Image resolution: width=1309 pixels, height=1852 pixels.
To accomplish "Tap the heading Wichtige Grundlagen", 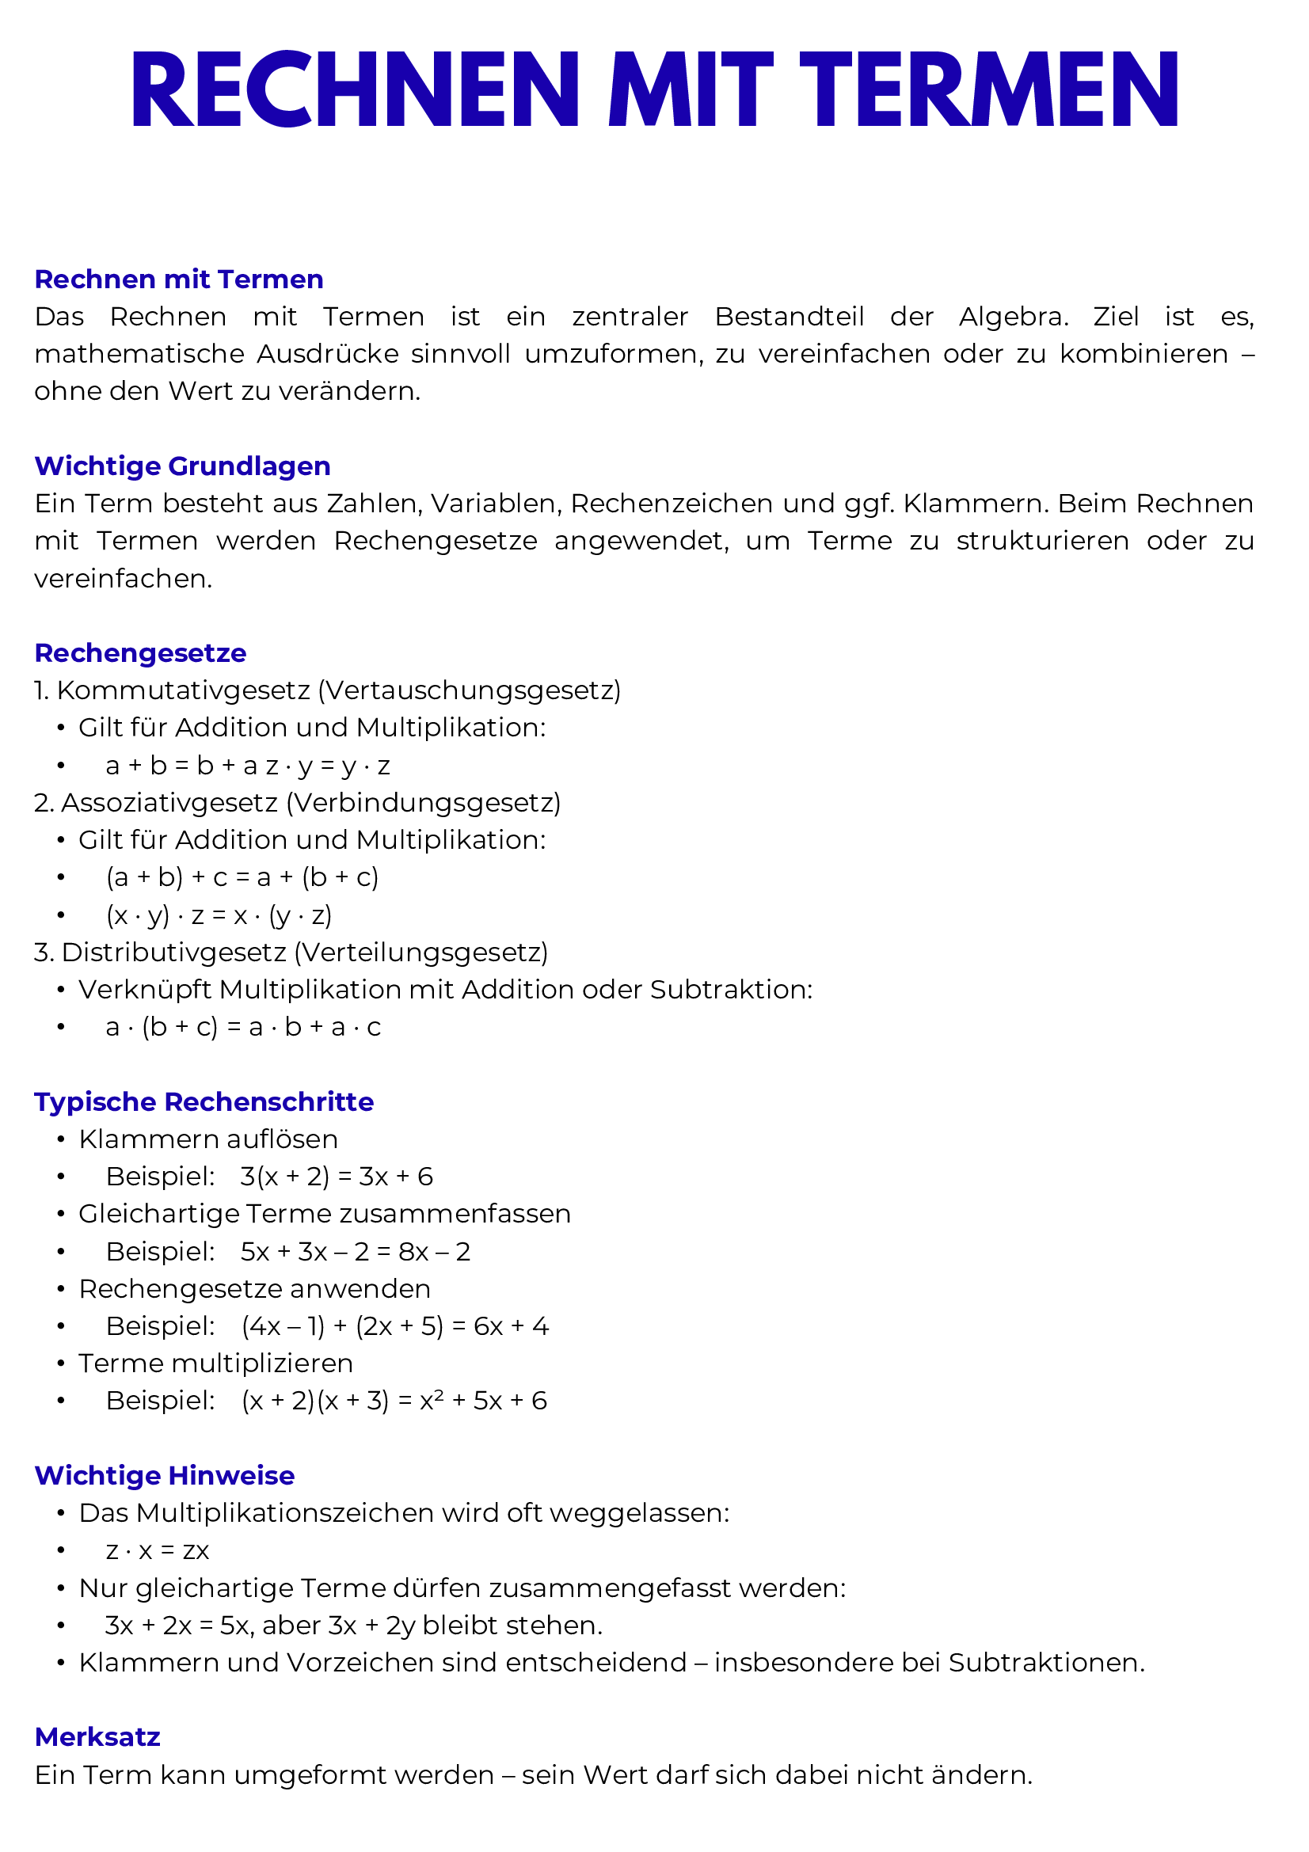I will [x=182, y=466].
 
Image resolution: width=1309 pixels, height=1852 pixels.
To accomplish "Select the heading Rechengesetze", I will [x=140, y=652].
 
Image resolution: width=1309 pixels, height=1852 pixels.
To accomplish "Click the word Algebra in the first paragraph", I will [x=1013, y=316].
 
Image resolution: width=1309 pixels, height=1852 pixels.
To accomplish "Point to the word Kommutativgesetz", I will [x=183, y=690].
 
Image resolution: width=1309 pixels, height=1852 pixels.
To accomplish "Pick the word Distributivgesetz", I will [x=173, y=952].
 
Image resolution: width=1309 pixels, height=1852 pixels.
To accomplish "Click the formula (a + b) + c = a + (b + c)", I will [x=242, y=877].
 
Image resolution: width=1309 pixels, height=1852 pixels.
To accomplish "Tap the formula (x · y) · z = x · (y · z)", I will [x=219, y=915].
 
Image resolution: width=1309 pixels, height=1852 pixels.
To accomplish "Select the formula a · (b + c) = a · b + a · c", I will [x=243, y=1027].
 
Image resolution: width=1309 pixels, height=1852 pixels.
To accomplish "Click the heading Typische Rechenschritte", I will [x=204, y=1102].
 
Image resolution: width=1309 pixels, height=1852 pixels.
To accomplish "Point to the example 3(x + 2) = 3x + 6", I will [x=337, y=1176].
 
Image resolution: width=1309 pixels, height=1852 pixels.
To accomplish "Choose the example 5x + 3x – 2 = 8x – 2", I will [x=355, y=1251].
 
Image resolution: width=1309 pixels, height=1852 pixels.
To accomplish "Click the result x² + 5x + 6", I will [x=483, y=1401].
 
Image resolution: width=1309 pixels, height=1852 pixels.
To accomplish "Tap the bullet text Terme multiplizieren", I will [x=215, y=1363].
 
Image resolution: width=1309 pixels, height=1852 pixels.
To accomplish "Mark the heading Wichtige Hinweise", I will [x=165, y=1475].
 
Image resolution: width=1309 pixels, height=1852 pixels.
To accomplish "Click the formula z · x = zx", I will [x=158, y=1550].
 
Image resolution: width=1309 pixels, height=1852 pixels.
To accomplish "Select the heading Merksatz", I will [x=97, y=1736].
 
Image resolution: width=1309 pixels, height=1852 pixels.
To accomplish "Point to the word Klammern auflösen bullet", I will [x=208, y=1139].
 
